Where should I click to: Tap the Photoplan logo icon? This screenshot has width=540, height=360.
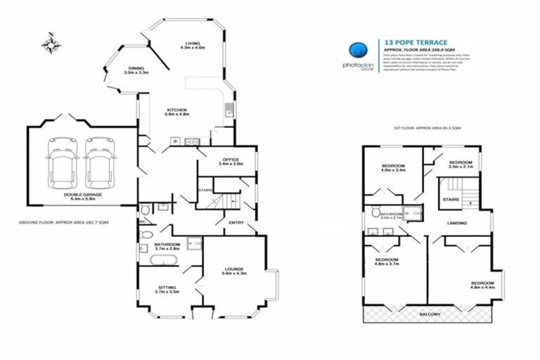[x=359, y=50]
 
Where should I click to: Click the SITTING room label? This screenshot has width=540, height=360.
[x=166, y=288]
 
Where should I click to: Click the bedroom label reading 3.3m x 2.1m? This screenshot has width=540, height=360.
[x=459, y=163]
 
